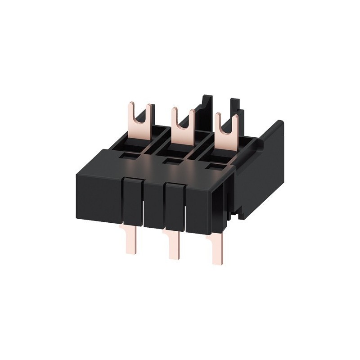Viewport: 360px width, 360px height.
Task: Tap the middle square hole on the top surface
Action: (168, 161)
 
